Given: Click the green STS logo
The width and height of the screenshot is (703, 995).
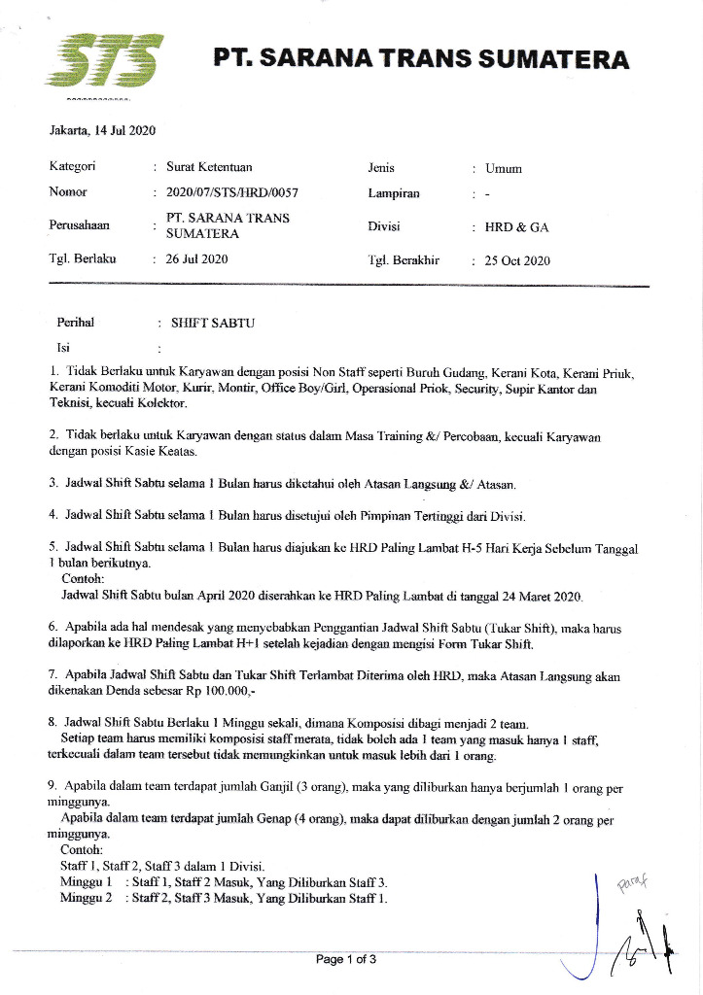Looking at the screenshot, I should [103, 59].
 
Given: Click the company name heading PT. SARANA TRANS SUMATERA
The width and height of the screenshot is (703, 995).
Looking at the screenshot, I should [422, 58].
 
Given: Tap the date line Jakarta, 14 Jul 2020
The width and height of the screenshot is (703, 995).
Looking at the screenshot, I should [103, 130].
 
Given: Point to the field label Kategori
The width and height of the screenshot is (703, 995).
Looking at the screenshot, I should [72, 167].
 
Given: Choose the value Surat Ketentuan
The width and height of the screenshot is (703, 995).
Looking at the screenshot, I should [209, 167].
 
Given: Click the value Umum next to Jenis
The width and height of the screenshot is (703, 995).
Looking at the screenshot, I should [504, 168].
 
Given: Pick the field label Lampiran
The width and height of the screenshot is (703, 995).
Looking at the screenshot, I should [394, 192].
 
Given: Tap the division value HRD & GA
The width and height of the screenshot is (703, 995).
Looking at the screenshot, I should [517, 227].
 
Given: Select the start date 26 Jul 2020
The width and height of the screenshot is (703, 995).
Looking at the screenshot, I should [196, 258].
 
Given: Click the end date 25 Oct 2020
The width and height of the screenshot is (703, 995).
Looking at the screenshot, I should [518, 260].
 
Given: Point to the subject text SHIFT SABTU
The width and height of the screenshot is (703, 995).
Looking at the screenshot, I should [212, 323].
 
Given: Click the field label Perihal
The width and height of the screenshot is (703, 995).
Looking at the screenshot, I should [75, 322].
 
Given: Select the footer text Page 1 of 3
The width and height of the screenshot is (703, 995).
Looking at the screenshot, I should [346, 960].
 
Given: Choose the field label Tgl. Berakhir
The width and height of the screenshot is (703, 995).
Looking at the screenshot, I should [404, 259].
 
